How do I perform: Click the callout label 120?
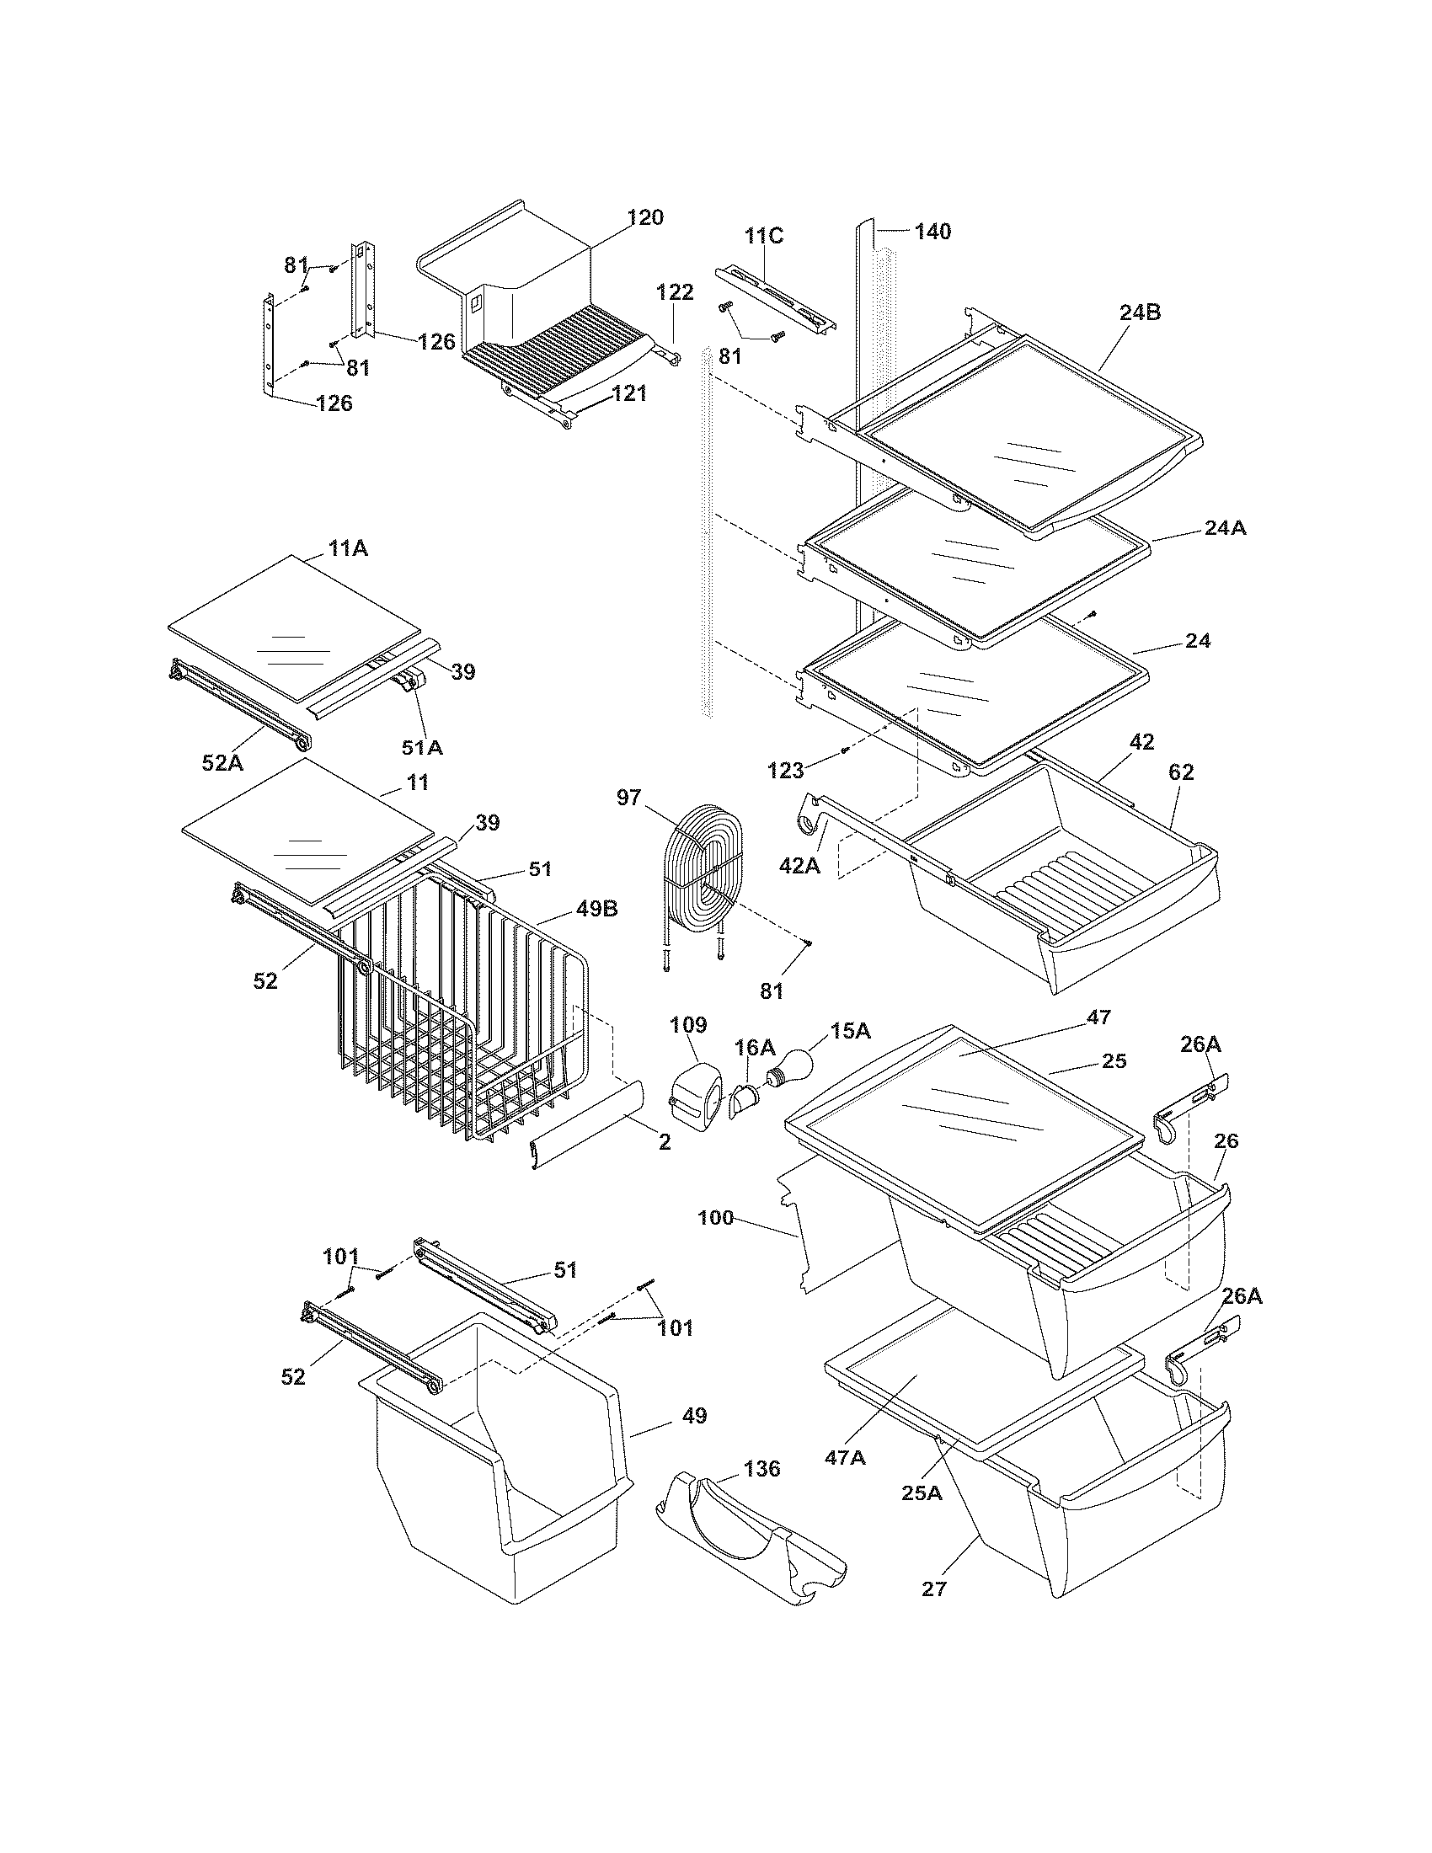(645, 218)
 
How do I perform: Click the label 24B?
(1140, 312)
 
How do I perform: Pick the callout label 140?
(932, 231)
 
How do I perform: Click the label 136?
(761, 1469)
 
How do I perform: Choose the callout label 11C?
(763, 236)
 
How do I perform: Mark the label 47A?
(846, 1458)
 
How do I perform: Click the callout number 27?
(933, 1589)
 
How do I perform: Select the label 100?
(715, 1219)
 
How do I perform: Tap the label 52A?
(222, 763)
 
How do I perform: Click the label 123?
(786, 771)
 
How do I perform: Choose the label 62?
(1181, 772)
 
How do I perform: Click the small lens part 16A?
(743, 1101)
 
